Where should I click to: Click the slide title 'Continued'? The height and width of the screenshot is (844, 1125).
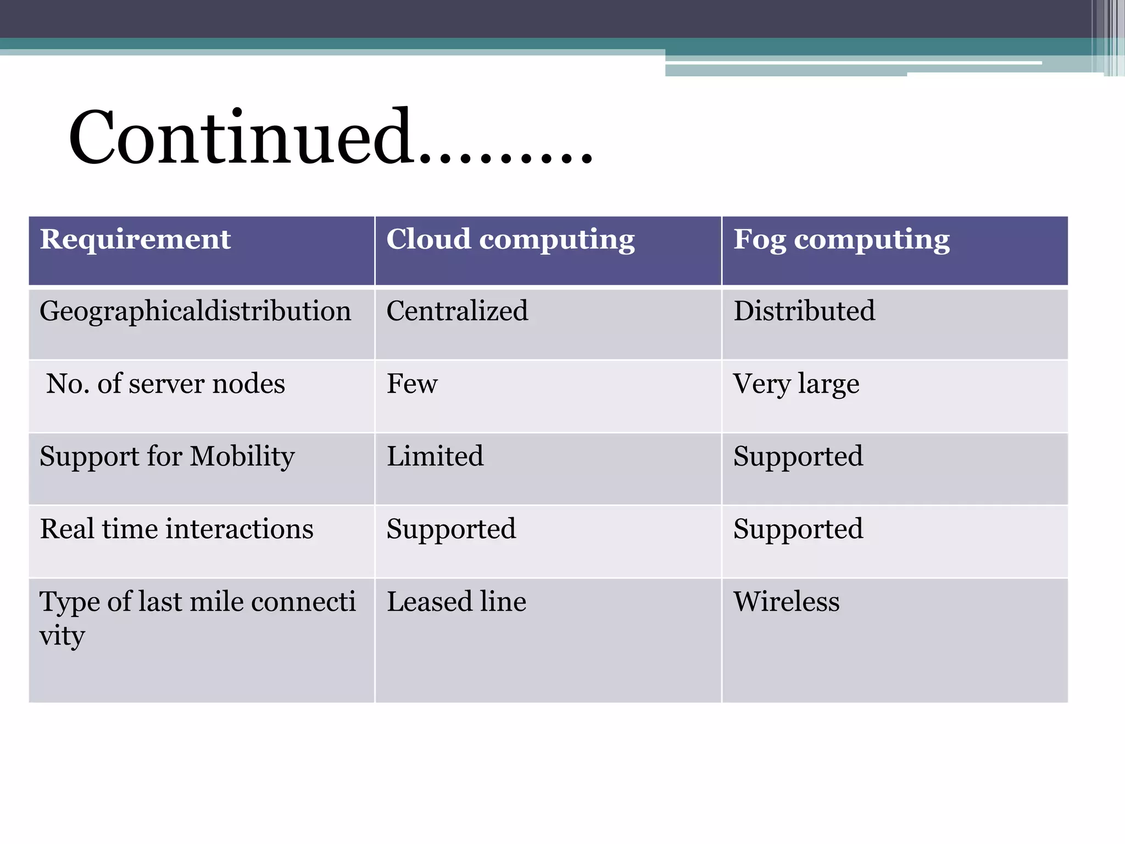point(330,137)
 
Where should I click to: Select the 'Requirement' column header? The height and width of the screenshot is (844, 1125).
point(135,240)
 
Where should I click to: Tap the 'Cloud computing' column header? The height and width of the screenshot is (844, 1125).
point(510,240)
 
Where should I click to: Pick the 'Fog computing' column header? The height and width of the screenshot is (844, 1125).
point(842,240)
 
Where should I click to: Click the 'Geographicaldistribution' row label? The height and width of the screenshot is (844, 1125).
point(195,312)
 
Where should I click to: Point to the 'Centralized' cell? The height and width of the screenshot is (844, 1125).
point(457,311)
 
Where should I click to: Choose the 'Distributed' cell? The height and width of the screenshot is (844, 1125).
point(804,311)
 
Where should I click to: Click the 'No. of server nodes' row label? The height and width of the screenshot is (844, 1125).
point(165,384)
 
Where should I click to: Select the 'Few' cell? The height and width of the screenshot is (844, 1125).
point(412,384)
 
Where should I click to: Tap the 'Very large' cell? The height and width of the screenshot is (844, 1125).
point(796,384)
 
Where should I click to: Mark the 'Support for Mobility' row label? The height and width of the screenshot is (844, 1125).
point(167,457)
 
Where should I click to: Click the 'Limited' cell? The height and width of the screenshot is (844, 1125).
point(435,456)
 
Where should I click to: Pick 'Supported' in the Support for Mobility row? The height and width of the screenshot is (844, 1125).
point(798,457)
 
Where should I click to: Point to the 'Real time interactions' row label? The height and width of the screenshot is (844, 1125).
point(176,529)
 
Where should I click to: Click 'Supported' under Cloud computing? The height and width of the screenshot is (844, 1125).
point(451,530)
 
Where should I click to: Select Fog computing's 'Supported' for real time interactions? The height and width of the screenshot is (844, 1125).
point(798,530)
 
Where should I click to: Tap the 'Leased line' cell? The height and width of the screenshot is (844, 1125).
point(456,602)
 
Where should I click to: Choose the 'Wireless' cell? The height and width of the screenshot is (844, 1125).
point(787,602)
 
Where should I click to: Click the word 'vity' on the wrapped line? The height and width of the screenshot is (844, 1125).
point(62,636)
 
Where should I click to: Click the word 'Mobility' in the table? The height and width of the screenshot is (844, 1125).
point(242,457)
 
